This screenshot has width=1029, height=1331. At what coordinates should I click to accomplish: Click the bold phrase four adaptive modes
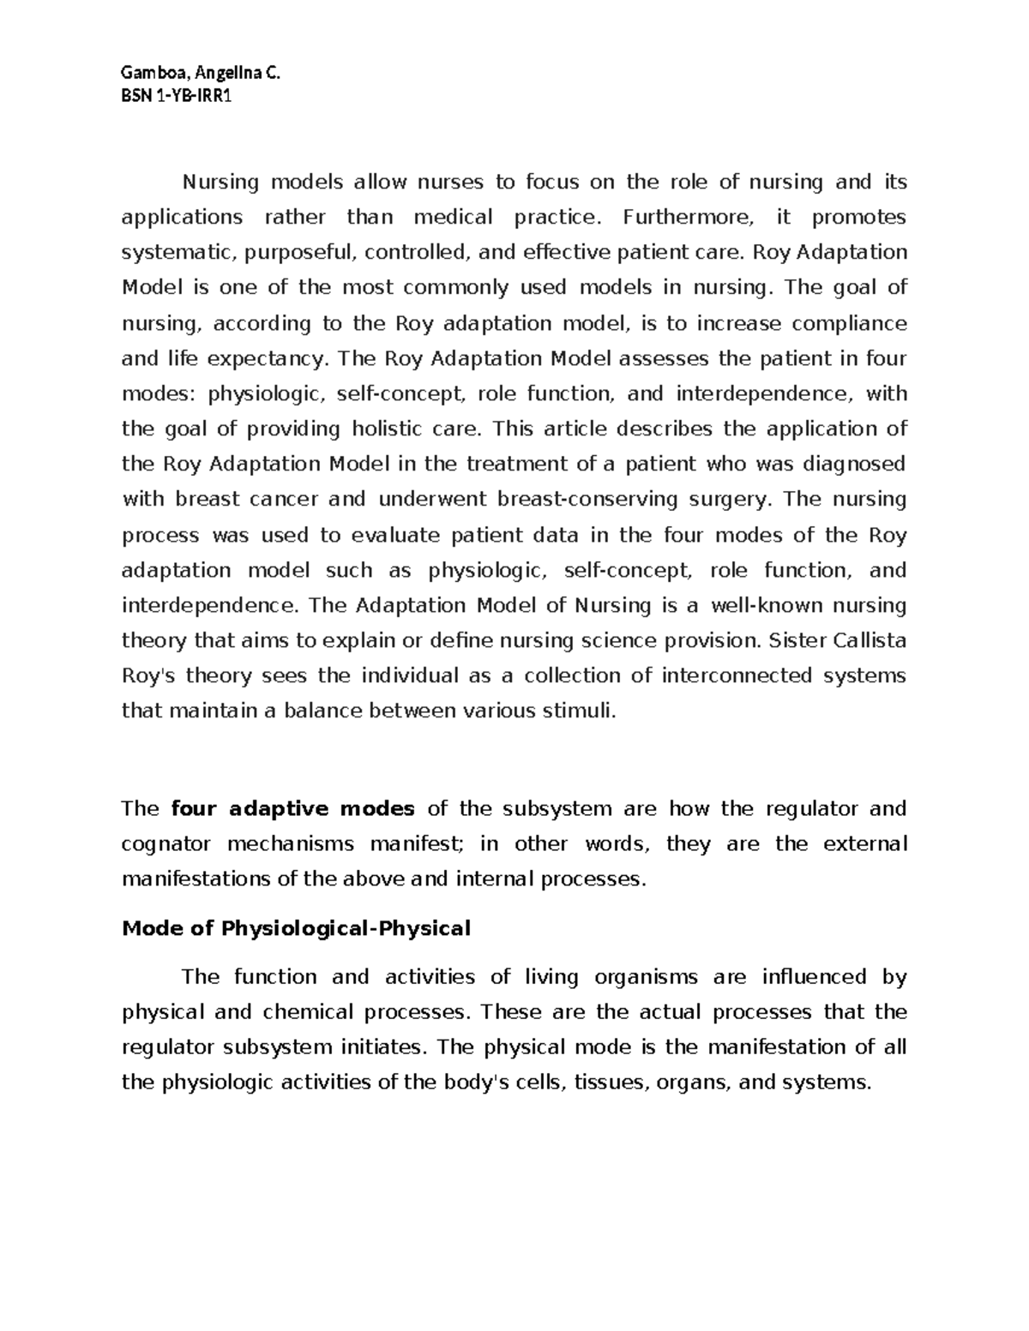(x=293, y=808)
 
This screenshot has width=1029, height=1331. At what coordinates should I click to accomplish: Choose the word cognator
(x=166, y=844)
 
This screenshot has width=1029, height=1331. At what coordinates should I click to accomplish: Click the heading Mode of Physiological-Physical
(x=297, y=928)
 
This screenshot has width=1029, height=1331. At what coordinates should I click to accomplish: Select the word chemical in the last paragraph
(x=308, y=1012)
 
